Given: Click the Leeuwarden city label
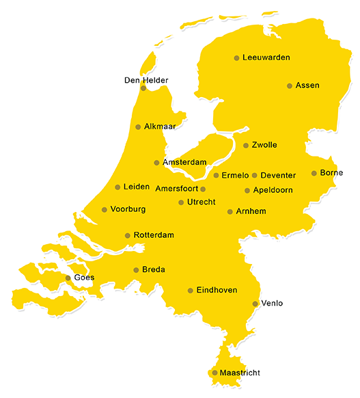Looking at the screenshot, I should point(266,58).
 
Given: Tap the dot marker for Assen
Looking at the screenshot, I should point(290,86).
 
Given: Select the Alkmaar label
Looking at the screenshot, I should point(160,127).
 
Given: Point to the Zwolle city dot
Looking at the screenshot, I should point(246,146).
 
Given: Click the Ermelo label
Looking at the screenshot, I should point(235,176).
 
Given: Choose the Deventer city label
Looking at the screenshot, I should point(278,176).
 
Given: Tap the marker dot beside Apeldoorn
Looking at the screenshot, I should point(247,191).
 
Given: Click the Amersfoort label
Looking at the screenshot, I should point(177,189).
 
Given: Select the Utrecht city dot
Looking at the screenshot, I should point(181,202).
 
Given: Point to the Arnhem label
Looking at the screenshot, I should point(251,212).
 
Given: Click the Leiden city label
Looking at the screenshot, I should point(137,187).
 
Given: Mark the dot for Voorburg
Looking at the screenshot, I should point(104,210).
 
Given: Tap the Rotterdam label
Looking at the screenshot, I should point(154,235).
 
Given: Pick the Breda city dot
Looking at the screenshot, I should point(136,270).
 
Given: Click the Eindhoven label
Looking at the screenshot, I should point(217,291).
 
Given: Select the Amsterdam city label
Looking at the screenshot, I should point(184,163).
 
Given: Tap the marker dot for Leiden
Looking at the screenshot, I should point(117,187).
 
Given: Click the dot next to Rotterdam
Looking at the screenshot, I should point(127,236).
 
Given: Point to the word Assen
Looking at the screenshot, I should point(307,86).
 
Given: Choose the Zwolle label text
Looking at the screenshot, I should point(264,146).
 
